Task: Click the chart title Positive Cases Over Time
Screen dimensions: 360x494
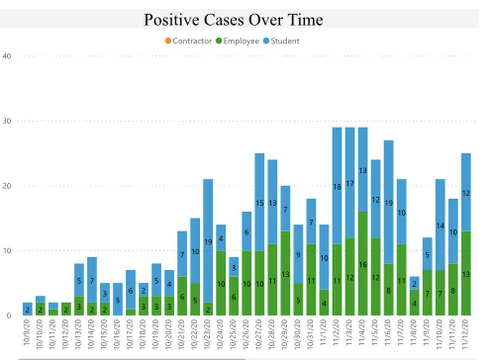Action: point(233,20)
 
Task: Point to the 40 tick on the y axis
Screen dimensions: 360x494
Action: point(7,56)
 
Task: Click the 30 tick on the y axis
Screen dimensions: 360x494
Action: point(7,121)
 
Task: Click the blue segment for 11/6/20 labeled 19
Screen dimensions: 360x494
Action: point(388,203)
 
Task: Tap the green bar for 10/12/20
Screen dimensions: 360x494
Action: point(66,309)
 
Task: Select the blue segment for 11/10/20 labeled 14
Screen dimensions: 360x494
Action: point(440,225)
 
